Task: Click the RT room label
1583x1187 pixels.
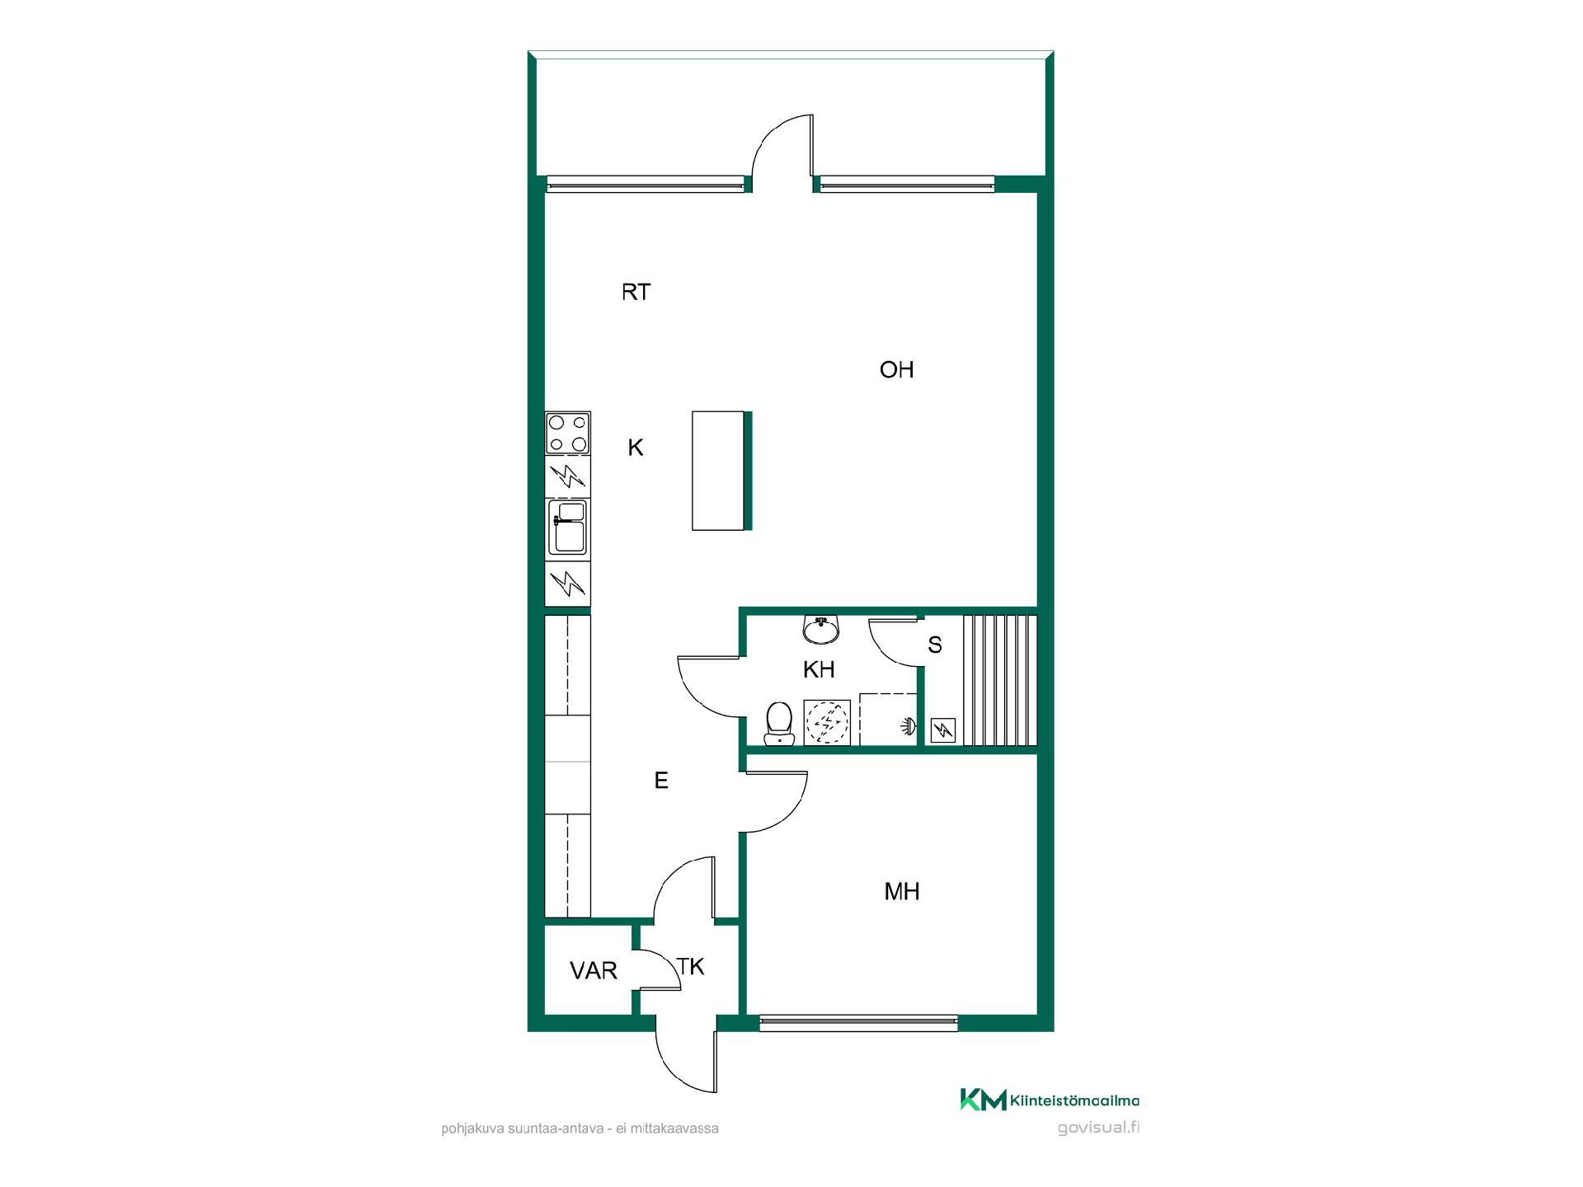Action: [636, 292]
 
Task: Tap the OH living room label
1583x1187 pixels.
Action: [897, 369]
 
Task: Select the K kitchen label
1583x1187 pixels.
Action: [635, 448]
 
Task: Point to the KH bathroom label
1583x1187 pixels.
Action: [819, 669]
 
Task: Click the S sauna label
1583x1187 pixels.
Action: [934, 645]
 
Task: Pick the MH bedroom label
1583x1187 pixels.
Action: [901, 891]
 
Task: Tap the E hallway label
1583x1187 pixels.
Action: [660, 781]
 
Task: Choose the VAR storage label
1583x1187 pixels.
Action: [594, 971]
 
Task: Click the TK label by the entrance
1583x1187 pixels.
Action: [691, 966]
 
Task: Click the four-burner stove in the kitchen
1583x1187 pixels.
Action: [568, 434]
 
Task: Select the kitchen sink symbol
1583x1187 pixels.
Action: [568, 527]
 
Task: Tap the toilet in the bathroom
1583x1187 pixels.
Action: [777, 723]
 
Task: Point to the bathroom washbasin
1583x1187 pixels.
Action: [820, 630]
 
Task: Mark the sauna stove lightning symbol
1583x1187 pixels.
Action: [942, 730]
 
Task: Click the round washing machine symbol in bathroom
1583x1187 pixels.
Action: [827, 723]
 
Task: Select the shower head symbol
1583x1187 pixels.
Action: [908, 726]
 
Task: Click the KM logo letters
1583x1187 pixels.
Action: [983, 1100]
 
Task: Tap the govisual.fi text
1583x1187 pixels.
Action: [1098, 1128]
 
